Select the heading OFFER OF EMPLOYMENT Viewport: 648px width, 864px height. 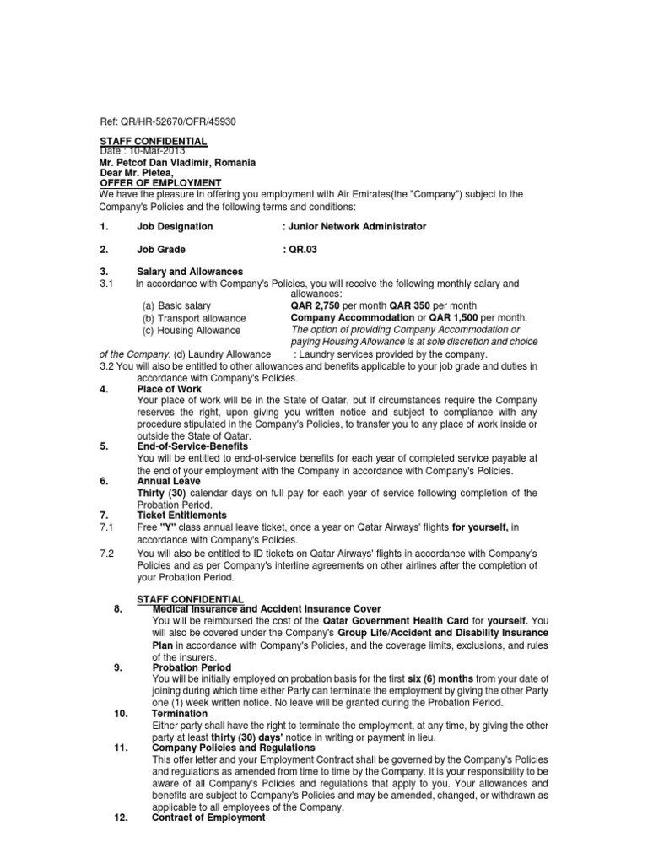[160, 183]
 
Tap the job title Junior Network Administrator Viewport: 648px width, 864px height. [358, 227]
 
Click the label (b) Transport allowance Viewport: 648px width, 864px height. [193, 318]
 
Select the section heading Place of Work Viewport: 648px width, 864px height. [169, 390]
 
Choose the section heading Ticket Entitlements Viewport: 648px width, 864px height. [181, 515]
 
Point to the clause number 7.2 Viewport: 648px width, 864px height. [107, 553]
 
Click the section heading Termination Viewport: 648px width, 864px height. [180, 713]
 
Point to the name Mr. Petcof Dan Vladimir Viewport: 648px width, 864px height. [152, 162]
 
